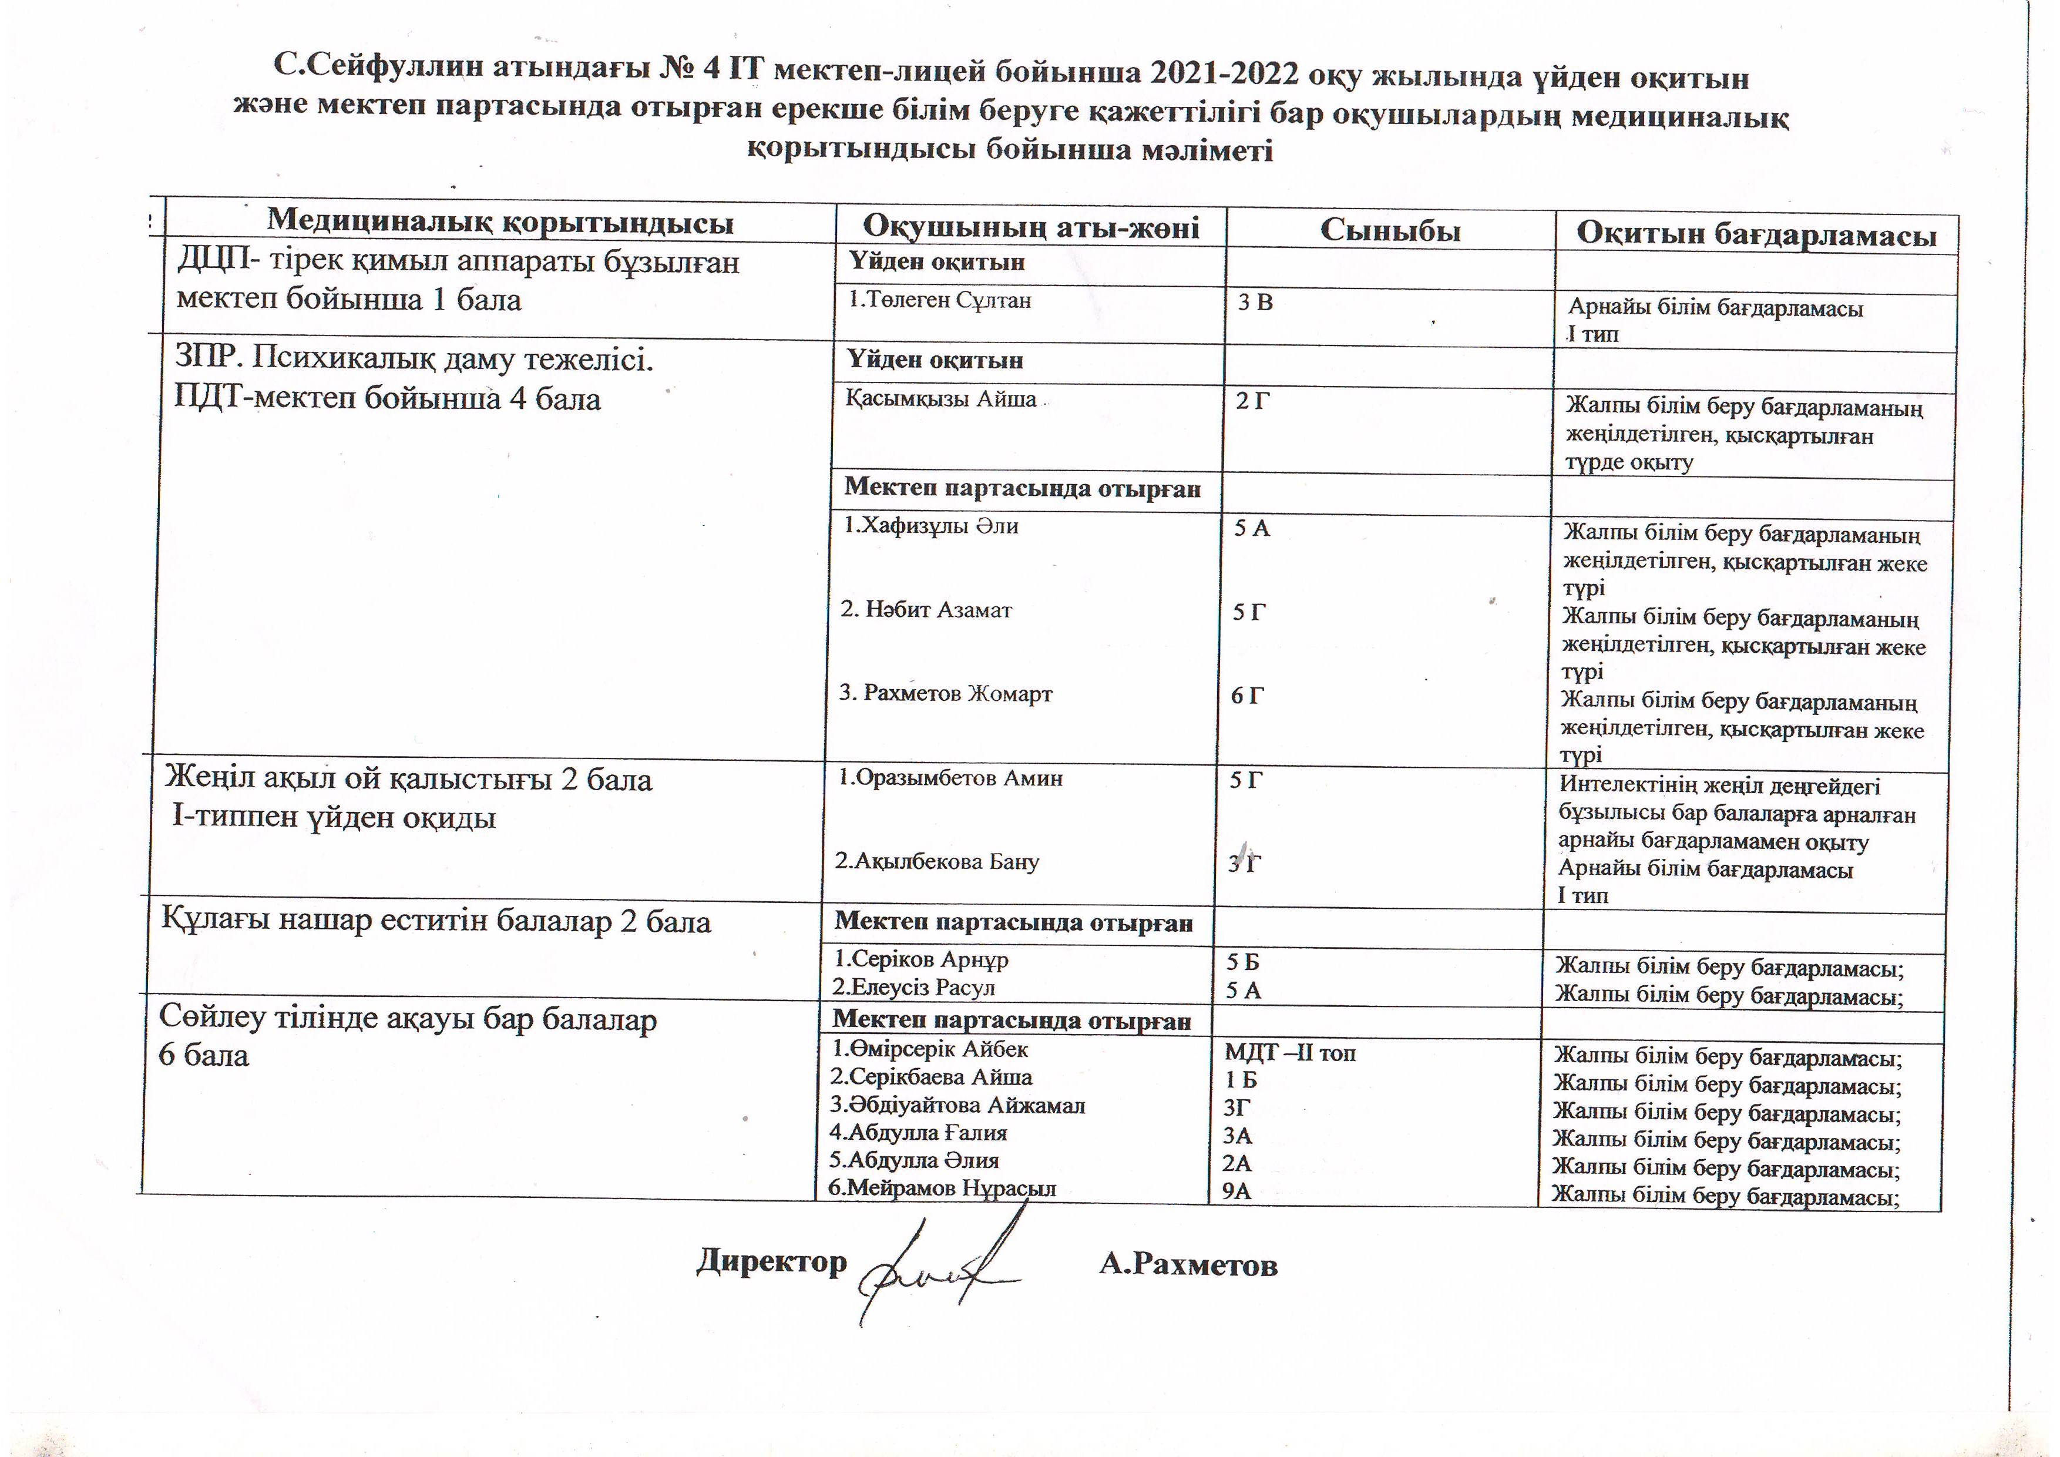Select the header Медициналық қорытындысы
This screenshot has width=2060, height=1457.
(500, 221)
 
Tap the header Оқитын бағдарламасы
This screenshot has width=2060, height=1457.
(1756, 235)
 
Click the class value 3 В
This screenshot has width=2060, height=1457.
(1255, 303)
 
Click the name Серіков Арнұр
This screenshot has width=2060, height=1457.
(922, 960)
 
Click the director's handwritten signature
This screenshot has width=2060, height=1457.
(937, 1265)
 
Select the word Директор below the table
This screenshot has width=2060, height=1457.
(772, 1261)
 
